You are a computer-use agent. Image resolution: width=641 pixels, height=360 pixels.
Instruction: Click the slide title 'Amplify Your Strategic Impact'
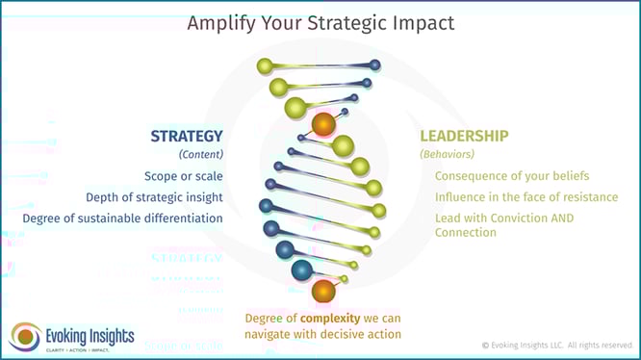pos(320,22)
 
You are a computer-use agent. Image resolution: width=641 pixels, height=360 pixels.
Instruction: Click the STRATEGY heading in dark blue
pos(186,136)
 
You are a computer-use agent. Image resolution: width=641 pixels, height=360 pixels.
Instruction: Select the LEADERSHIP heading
pos(464,136)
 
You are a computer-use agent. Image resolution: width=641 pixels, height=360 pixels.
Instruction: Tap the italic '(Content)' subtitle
pos(201,154)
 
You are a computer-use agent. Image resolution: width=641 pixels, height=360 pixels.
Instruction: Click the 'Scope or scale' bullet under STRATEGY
pos(183,176)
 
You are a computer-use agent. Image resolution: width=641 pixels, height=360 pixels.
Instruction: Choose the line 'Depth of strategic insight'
pos(161,197)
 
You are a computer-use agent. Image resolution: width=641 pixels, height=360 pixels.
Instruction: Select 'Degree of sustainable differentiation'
pos(123,219)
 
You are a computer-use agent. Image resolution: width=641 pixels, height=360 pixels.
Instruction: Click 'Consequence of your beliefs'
pos(512,176)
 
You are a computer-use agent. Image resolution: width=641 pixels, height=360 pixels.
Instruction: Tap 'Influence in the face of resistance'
pos(525,197)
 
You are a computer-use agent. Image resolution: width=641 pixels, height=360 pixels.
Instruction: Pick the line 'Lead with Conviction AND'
pos(504,219)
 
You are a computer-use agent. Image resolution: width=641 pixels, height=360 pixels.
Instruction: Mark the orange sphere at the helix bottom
pos(324,291)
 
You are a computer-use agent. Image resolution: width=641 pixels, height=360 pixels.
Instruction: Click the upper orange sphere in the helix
pos(323,124)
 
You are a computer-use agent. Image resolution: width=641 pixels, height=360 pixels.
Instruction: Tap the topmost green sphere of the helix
pos(265,66)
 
